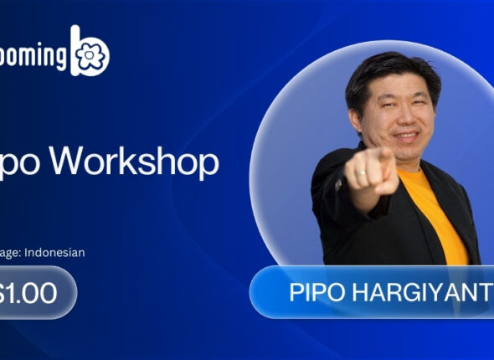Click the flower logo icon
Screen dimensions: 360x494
click(x=91, y=55)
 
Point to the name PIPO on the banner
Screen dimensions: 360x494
click(x=316, y=293)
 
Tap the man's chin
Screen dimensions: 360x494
click(x=408, y=152)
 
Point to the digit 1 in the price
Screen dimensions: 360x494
click(x=15, y=292)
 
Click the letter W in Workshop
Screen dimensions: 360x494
click(x=80, y=162)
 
